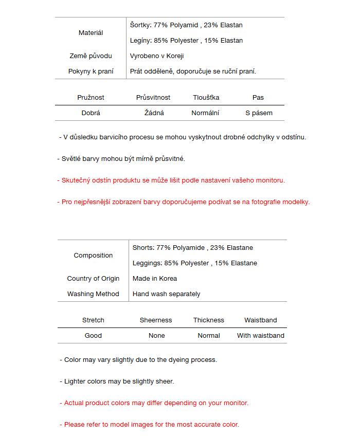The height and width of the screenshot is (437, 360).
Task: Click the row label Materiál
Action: click(91, 33)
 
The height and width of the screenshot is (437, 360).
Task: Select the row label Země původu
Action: click(91, 56)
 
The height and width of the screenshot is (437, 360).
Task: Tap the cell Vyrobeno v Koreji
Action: click(157, 56)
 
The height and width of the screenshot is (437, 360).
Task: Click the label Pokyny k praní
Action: click(91, 71)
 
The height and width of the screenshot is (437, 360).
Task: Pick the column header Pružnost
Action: click(91, 98)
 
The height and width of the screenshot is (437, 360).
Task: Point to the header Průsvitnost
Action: click(153, 98)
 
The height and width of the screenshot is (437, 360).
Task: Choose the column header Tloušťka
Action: click(206, 98)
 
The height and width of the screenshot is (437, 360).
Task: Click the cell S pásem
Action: click(259, 113)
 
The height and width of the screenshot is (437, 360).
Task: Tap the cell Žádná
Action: click(154, 113)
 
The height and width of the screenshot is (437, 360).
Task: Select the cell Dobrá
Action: click(91, 113)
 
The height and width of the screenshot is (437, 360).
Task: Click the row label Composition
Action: click(93, 256)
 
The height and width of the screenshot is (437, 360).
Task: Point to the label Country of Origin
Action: click(93, 279)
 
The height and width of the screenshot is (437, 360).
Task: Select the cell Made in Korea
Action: click(155, 279)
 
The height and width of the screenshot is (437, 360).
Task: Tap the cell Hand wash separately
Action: click(167, 294)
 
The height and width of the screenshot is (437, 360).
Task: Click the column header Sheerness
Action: click(156, 320)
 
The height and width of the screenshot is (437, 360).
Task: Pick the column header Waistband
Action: click(261, 320)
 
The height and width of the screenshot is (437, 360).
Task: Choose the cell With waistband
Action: click(261, 336)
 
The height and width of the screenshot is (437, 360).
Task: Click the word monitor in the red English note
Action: click(235, 403)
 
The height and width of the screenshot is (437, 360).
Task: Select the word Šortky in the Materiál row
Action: click(140, 25)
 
